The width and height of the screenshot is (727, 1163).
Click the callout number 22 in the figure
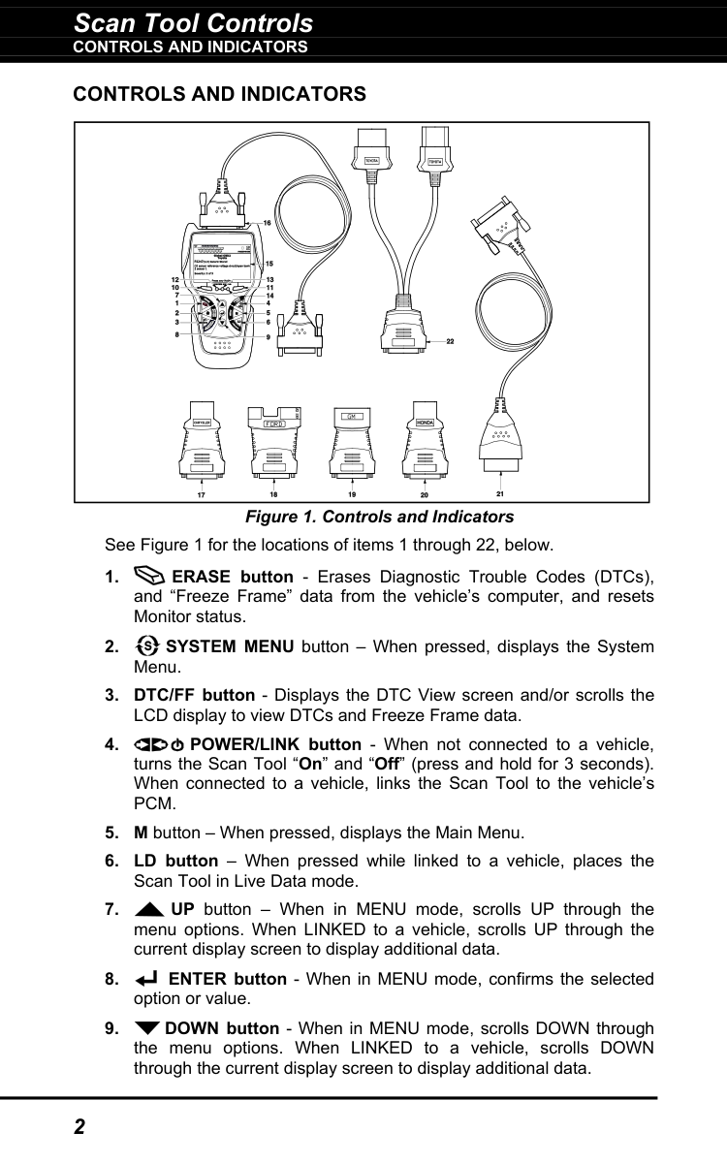click(x=450, y=341)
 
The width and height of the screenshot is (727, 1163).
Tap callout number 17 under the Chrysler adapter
click(x=201, y=494)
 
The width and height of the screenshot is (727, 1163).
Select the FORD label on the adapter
click(x=276, y=424)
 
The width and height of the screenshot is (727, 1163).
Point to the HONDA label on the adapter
click(x=425, y=424)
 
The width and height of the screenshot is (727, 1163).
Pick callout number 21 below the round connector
click(x=500, y=494)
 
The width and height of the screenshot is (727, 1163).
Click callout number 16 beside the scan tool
click(x=267, y=224)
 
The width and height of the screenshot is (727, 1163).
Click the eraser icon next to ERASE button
click(x=150, y=577)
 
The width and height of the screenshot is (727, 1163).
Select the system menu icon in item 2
click(x=148, y=646)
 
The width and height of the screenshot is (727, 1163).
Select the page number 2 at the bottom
click(x=79, y=1127)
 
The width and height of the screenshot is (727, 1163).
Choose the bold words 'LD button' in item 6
click(x=175, y=861)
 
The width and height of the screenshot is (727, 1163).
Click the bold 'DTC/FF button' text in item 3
click(x=188, y=696)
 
